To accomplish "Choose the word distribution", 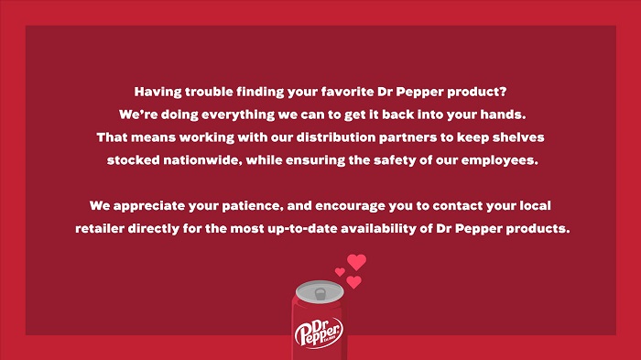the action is click(336, 137).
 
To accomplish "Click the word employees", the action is click(500, 160).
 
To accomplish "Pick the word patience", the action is click(253, 206).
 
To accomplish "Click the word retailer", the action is click(100, 228).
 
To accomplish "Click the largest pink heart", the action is click(356, 261).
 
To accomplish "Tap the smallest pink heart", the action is click(340, 272).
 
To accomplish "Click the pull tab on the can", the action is click(320, 294).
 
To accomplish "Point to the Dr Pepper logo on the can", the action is click(319, 333).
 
